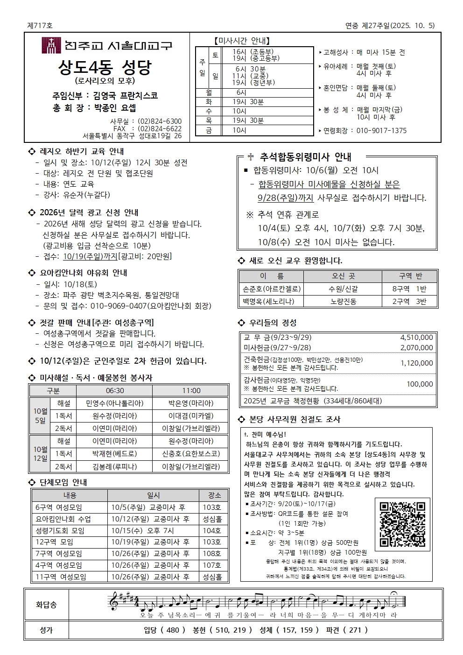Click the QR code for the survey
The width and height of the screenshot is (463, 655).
(402, 524)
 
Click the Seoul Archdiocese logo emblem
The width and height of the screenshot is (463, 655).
(51, 46)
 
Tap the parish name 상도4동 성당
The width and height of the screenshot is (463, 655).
(105, 68)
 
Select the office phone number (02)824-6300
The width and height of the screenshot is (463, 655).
(160, 121)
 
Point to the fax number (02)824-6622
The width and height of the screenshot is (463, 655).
(160, 129)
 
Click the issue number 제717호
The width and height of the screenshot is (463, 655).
(40, 26)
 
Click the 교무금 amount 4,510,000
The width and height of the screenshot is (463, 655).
(416, 338)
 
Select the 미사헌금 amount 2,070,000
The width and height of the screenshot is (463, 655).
(416, 348)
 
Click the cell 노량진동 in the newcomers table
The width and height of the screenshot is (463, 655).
(343, 302)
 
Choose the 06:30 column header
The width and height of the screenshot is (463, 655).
(115, 391)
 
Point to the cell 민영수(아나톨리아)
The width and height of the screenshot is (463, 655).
(115, 403)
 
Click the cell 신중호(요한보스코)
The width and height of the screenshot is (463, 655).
(191, 454)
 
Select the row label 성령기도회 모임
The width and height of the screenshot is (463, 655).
(60, 531)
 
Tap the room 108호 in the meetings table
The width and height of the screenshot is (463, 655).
(212, 554)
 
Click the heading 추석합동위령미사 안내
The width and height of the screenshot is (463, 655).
(305, 157)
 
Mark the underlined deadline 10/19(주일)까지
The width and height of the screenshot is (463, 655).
(90, 256)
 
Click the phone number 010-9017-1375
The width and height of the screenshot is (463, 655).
(381, 131)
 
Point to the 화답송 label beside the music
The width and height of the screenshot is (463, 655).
(46, 605)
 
